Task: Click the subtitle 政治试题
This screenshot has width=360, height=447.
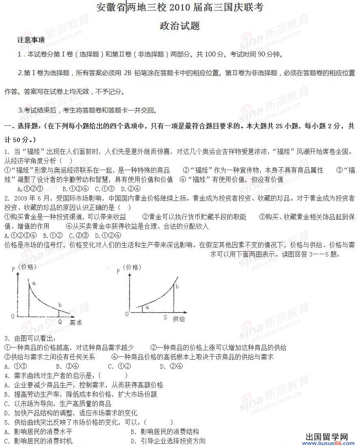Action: click(180, 26)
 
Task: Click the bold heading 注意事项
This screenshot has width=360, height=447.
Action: click(31, 40)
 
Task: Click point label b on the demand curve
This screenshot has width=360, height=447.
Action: click(60, 305)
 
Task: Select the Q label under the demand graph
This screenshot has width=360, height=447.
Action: click(60, 321)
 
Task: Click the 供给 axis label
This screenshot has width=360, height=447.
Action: click(179, 319)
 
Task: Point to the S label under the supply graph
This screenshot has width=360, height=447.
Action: click(165, 317)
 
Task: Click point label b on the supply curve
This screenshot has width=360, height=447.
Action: click(177, 286)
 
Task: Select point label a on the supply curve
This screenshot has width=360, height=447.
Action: click(147, 308)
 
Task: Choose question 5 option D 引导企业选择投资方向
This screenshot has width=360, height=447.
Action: click(168, 441)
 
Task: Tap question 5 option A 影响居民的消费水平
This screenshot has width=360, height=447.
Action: click(38, 432)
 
